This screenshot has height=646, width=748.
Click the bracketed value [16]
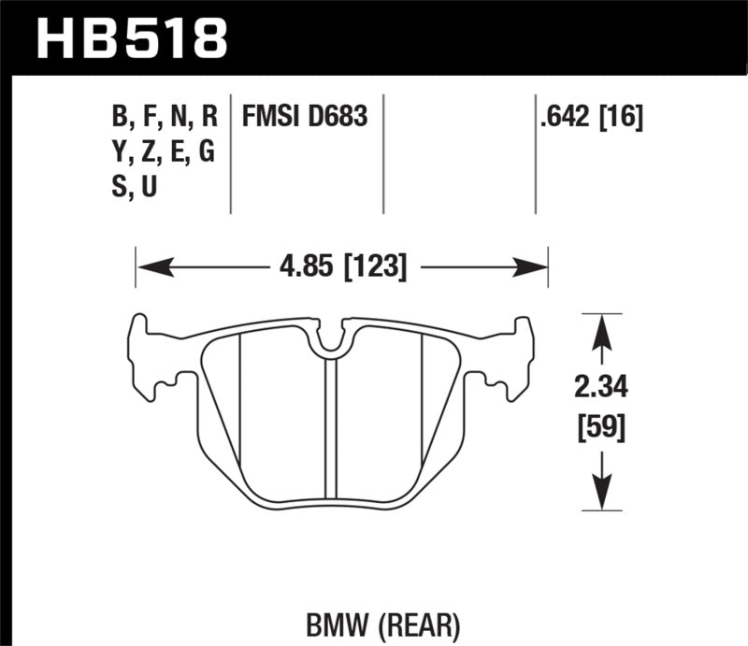(623, 117)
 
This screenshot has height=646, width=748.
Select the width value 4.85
(306, 268)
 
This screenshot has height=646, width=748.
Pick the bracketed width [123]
(375, 268)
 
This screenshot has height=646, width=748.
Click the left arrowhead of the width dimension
(151, 268)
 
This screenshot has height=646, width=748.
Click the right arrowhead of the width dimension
(533, 268)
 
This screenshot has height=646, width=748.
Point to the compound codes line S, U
(134, 186)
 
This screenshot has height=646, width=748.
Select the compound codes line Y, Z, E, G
(163, 151)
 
